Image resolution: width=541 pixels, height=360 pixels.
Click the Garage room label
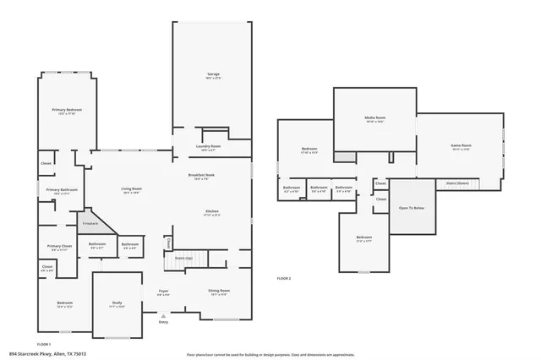[213, 75]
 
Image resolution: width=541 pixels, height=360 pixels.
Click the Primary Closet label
[60, 247]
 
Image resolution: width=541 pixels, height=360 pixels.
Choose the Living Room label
[131, 189]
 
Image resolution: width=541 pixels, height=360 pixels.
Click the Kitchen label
[211, 212]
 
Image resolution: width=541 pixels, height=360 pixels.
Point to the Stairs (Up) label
[183, 258]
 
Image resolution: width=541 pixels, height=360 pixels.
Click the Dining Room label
[219, 292]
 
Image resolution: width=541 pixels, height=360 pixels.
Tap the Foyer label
[163, 292]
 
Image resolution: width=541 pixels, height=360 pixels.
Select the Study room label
[117, 304]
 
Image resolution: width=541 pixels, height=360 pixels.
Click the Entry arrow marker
[163, 319]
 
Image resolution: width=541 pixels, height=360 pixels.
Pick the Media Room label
[374, 117]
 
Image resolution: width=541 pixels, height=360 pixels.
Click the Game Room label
[460, 146]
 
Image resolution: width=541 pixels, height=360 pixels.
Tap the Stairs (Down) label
[457, 183]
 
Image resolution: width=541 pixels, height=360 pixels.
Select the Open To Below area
[412, 207]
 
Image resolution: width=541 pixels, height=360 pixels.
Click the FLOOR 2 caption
[284, 278]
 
